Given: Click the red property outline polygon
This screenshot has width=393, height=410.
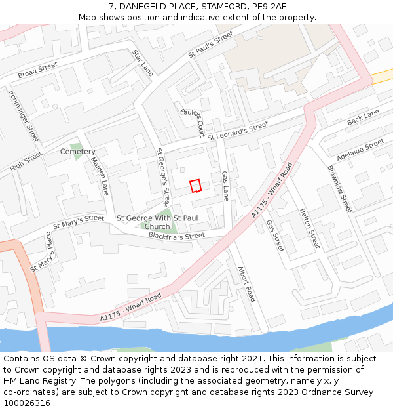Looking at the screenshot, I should click(x=195, y=186).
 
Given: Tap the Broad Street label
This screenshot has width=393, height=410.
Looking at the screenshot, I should click(x=37, y=70).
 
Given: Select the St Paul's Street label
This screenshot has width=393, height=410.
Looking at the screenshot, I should click(x=210, y=45).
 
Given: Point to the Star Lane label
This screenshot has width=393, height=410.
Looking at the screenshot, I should click(x=142, y=63).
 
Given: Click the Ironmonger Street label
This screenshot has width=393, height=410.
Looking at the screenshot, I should click(x=24, y=115).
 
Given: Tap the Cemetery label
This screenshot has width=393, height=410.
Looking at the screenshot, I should click(x=77, y=152).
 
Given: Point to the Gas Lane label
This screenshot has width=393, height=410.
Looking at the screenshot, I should click(x=225, y=186).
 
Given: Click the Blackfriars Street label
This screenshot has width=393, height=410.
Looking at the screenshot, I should click(x=176, y=236).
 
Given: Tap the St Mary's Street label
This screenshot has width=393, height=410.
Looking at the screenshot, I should click(x=79, y=222).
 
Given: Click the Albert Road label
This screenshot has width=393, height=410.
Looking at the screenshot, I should click(x=247, y=283).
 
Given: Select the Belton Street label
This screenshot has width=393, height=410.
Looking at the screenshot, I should click(x=309, y=228).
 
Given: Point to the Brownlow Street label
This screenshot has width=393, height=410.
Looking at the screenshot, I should click(x=339, y=189).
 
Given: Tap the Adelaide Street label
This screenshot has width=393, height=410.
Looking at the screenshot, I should click(x=360, y=150).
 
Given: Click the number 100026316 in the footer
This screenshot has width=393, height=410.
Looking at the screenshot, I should click(x=28, y=403).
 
